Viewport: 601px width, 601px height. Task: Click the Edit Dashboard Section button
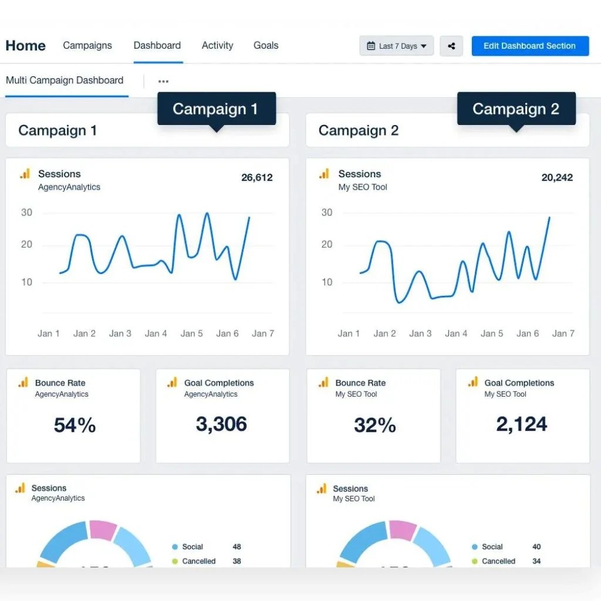530,46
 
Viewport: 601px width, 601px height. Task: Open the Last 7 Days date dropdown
396,46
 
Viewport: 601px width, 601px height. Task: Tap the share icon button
451,46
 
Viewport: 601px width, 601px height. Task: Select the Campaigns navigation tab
87,45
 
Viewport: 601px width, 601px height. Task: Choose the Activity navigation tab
217,45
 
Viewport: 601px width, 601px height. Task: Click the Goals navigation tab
266,45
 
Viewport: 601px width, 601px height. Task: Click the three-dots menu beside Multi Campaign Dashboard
163,81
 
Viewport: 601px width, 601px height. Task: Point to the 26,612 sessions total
257,177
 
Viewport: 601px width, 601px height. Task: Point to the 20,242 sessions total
557,177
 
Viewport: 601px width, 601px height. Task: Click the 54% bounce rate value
75,425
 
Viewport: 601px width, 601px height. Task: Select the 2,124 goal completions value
522,424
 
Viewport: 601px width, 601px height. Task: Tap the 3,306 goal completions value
221,424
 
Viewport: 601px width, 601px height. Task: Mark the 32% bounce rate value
375,425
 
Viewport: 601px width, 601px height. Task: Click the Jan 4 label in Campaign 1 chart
156,333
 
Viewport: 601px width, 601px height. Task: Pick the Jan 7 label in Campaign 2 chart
563,333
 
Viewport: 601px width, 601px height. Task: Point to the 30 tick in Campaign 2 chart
326,212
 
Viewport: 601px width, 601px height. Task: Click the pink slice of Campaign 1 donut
103,530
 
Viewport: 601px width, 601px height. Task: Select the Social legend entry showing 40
506,547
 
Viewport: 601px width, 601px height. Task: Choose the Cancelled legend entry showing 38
207,561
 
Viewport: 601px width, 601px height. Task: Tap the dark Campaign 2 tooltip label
516,109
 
